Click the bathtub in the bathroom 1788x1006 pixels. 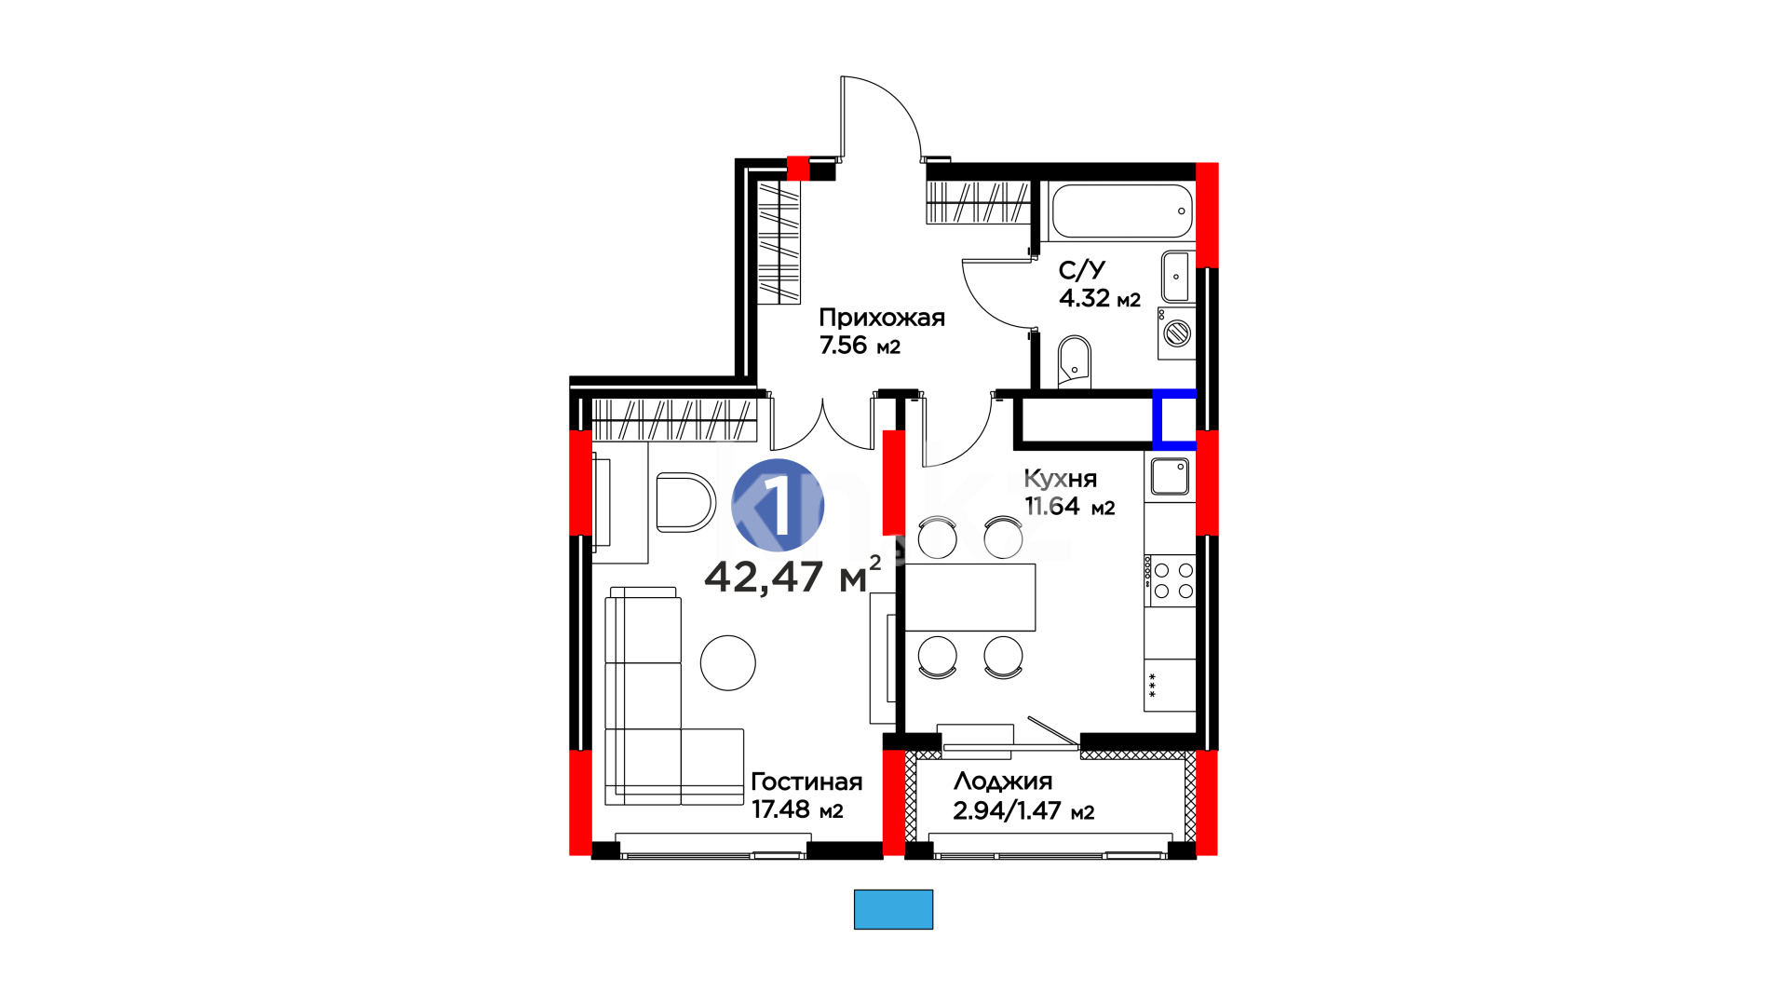[1121, 211]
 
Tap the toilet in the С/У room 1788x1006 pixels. [1075, 361]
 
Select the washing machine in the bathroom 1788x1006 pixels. [1177, 333]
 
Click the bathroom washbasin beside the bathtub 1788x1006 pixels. [1176, 276]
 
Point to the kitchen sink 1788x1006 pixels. [1170, 477]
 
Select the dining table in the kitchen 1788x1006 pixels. [970, 597]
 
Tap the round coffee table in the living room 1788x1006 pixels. [728, 663]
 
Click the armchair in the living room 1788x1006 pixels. [685, 502]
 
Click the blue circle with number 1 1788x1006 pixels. [778, 506]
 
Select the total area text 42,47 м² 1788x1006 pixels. [792, 576]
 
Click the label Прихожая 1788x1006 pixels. [882, 318]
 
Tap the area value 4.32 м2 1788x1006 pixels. [1100, 298]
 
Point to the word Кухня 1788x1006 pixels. [1061, 479]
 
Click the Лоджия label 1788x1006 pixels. [1003, 782]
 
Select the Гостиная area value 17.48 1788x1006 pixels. [780, 809]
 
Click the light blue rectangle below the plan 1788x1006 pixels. [893, 909]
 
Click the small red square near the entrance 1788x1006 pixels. [798, 168]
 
